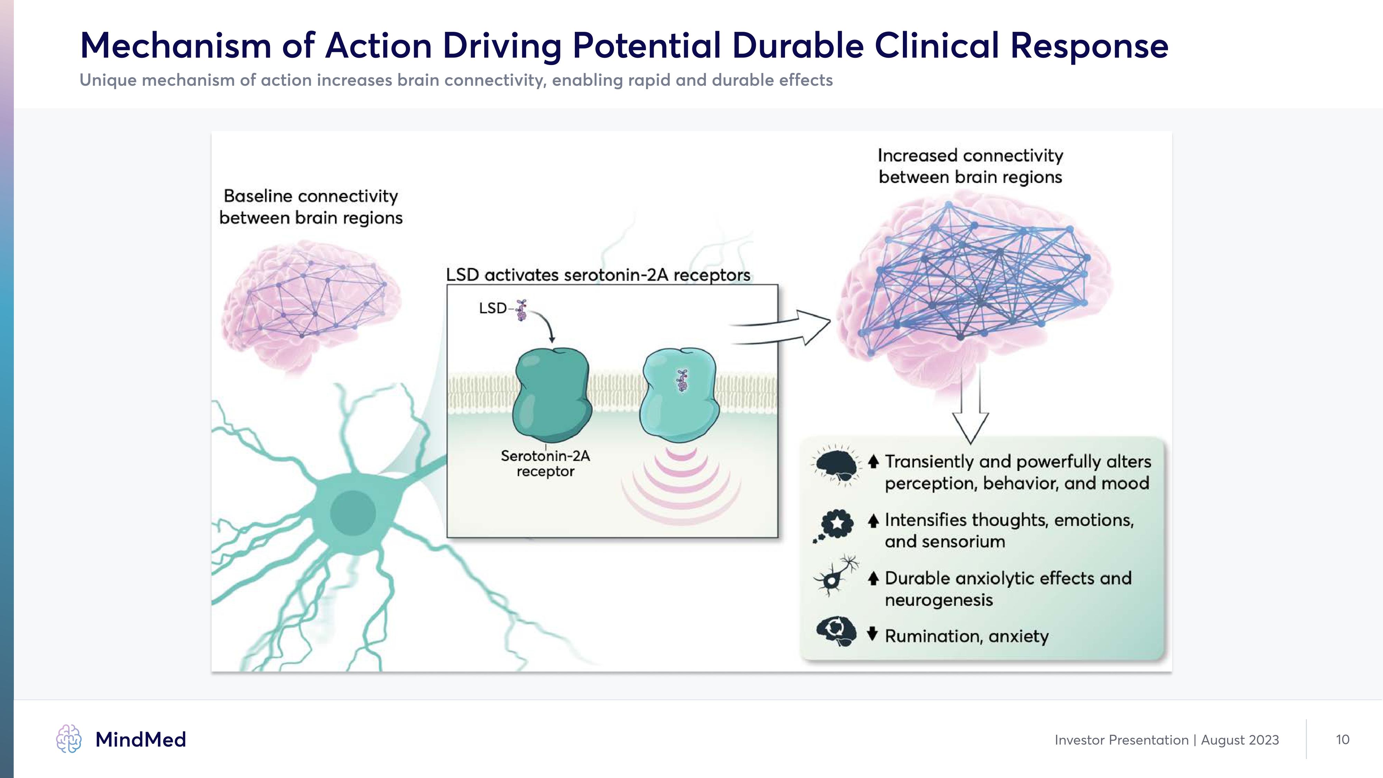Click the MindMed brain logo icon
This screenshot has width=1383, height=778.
click(x=69, y=739)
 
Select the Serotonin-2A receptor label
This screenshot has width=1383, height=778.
click(x=545, y=463)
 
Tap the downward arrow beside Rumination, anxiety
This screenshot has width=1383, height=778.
click(x=872, y=634)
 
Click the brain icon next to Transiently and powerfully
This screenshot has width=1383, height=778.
click(x=835, y=465)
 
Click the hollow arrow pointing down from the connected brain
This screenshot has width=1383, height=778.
click(x=970, y=414)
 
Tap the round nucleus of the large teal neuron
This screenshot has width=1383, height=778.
click(x=353, y=513)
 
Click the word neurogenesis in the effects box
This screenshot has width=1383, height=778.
click(x=938, y=600)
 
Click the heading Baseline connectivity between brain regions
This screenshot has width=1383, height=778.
click(x=311, y=207)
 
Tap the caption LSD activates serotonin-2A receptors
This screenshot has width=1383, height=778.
click(x=598, y=275)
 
